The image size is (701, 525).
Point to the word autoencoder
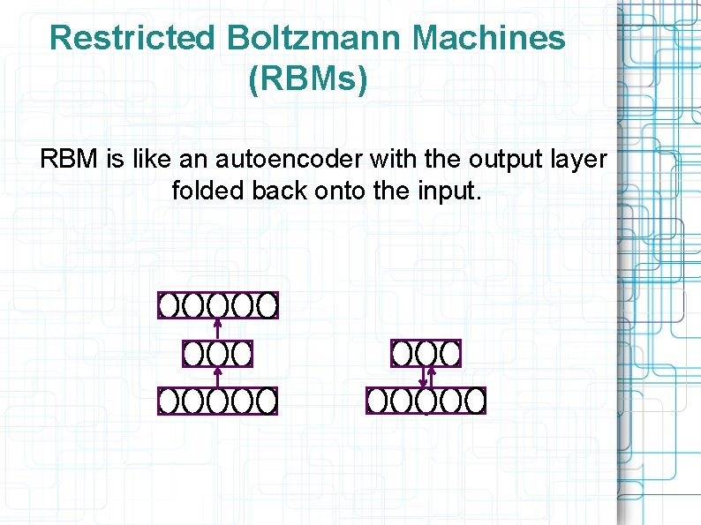290,160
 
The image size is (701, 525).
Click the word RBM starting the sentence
70,160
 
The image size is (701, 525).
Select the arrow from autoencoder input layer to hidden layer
217,377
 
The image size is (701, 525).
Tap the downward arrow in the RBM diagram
423,378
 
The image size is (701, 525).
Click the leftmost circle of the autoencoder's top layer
170,305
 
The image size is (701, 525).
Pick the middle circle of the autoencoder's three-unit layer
217,354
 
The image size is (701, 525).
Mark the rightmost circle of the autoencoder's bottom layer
267,401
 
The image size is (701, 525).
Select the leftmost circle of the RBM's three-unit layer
403,354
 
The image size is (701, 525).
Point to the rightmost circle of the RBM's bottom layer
475,401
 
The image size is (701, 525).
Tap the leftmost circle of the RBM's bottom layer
378,401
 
